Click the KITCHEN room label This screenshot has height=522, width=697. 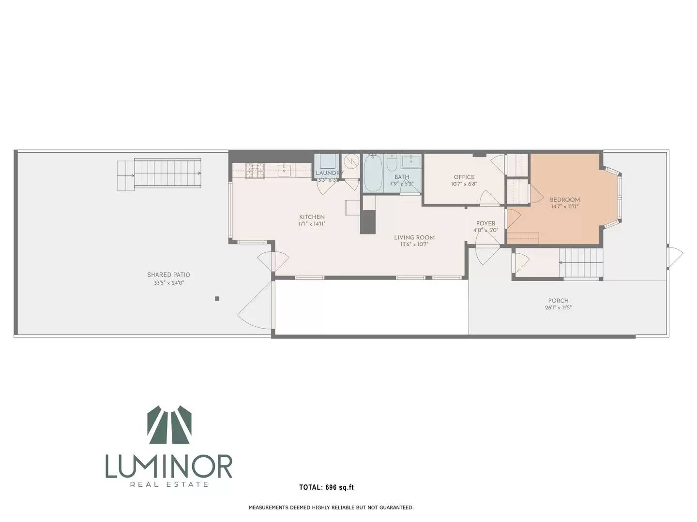point(312,217)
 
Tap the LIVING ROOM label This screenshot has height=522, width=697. point(414,237)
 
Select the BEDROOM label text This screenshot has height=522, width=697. point(564,200)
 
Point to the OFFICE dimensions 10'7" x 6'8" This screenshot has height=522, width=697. point(464,184)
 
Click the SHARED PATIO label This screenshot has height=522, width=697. point(168,275)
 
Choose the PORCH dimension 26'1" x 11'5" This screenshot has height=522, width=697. point(558,307)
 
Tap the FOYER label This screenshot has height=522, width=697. point(485,223)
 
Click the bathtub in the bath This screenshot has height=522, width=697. point(373,173)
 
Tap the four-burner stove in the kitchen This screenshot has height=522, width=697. point(255,170)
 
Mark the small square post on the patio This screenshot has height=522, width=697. point(217,299)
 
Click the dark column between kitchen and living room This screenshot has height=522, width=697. point(368,222)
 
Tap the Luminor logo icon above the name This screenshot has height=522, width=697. point(169,427)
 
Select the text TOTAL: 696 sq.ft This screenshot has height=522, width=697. point(326,487)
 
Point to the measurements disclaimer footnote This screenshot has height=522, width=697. point(331,507)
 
